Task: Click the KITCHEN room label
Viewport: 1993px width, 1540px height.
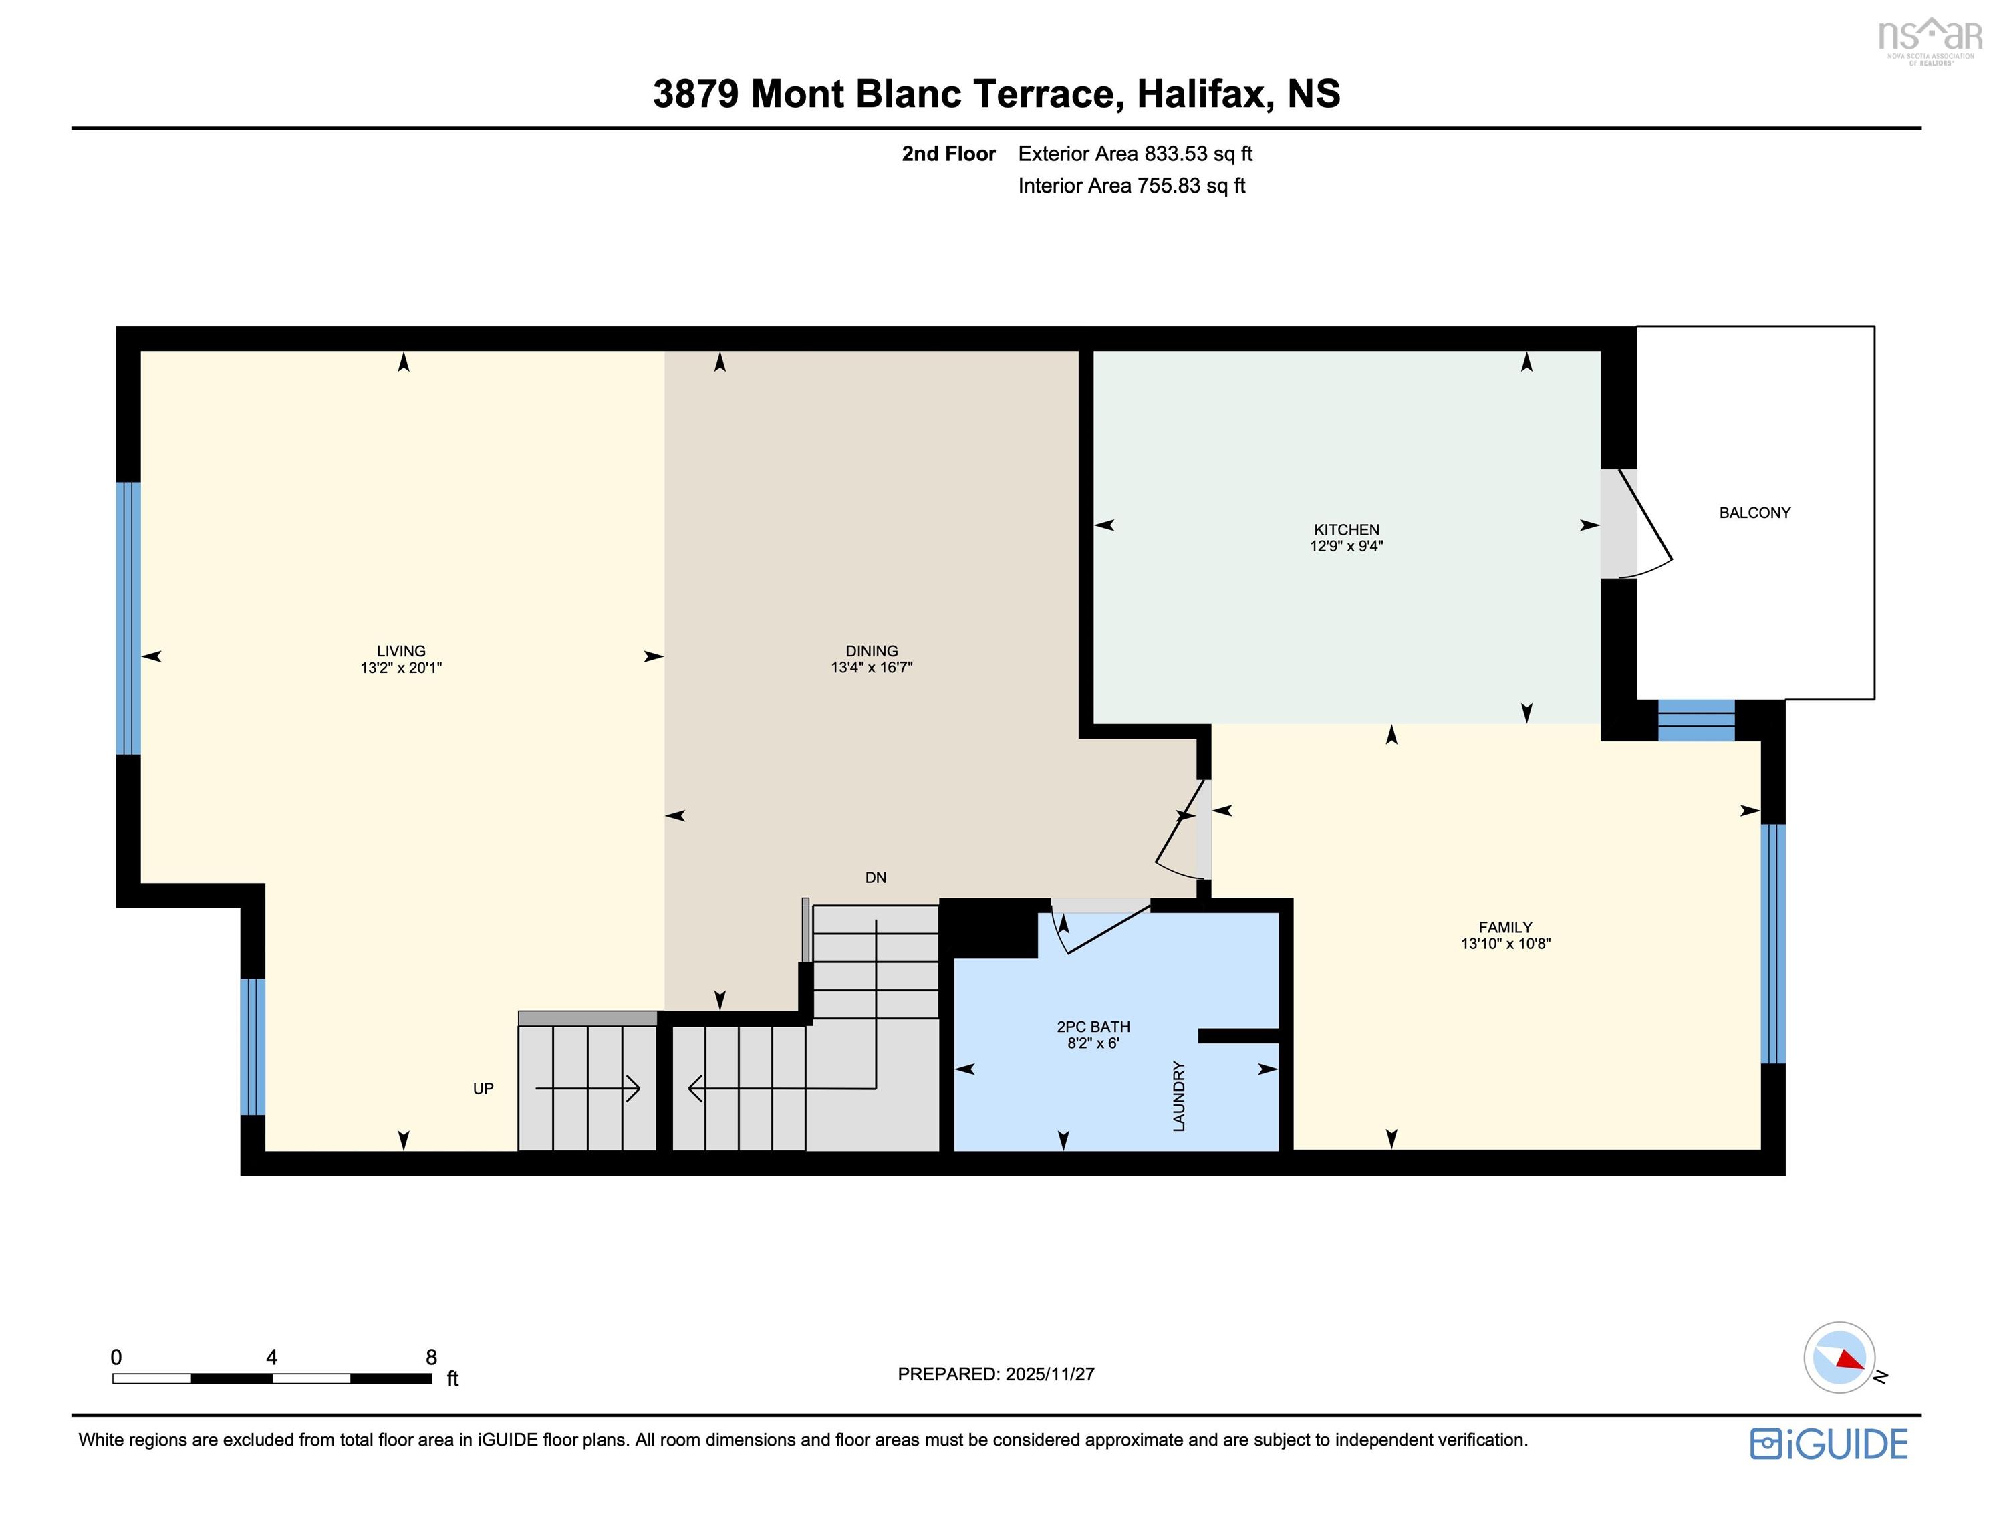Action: (1346, 529)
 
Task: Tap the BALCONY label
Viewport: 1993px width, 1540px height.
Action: (1754, 513)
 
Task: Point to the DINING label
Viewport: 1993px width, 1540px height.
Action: (872, 651)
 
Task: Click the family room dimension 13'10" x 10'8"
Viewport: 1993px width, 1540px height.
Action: (1506, 944)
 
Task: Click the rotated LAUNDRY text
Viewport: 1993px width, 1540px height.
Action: (1179, 1096)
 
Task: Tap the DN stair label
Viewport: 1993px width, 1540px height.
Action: (875, 877)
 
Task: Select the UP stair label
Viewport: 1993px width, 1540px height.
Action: (483, 1088)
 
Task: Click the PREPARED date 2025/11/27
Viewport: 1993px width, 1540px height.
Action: (1049, 1374)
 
